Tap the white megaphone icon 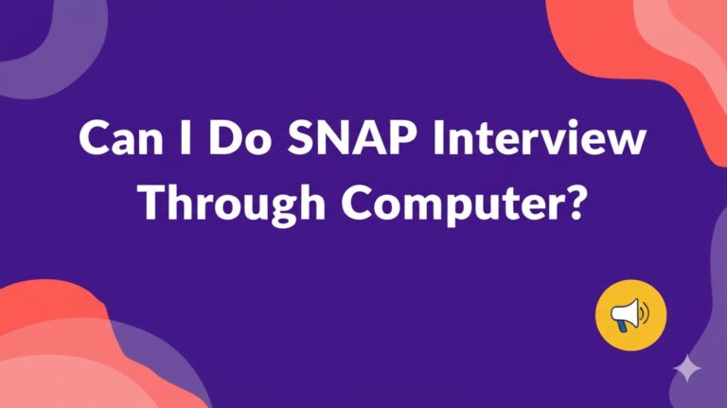coord(629,315)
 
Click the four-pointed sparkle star coord(688,368)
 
